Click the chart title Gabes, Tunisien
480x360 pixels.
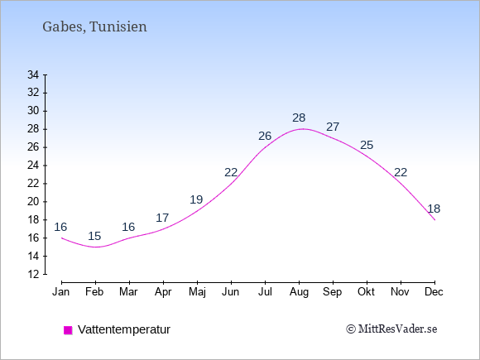pyautogui.click(x=94, y=27)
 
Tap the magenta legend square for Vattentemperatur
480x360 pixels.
pyautogui.click(x=68, y=330)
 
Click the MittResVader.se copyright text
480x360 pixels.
pyautogui.click(x=391, y=329)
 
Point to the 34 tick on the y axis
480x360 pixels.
pyautogui.click(x=33, y=74)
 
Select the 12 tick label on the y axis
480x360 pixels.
pyautogui.click(x=33, y=274)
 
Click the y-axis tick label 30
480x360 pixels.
pyautogui.click(x=33, y=111)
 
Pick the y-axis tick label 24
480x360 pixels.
pyautogui.click(x=33, y=166)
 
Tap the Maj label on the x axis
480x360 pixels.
pyautogui.click(x=197, y=292)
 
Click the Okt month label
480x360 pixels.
pyautogui.click(x=366, y=292)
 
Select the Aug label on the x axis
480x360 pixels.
pyautogui.click(x=299, y=292)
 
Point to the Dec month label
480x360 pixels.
pyautogui.click(x=434, y=292)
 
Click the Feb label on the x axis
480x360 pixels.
pyautogui.click(x=94, y=292)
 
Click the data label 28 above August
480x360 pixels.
pyautogui.click(x=299, y=118)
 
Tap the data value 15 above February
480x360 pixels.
pyautogui.click(x=94, y=236)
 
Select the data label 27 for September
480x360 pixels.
pyautogui.click(x=333, y=127)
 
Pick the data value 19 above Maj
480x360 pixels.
pyautogui.click(x=196, y=199)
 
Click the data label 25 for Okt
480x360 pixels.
pyautogui.click(x=367, y=145)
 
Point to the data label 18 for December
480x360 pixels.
pyautogui.click(x=434, y=209)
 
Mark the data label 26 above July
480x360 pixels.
pyautogui.click(x=265, y=136)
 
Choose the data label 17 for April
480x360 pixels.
pyautogui.click(x=162, y=218)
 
